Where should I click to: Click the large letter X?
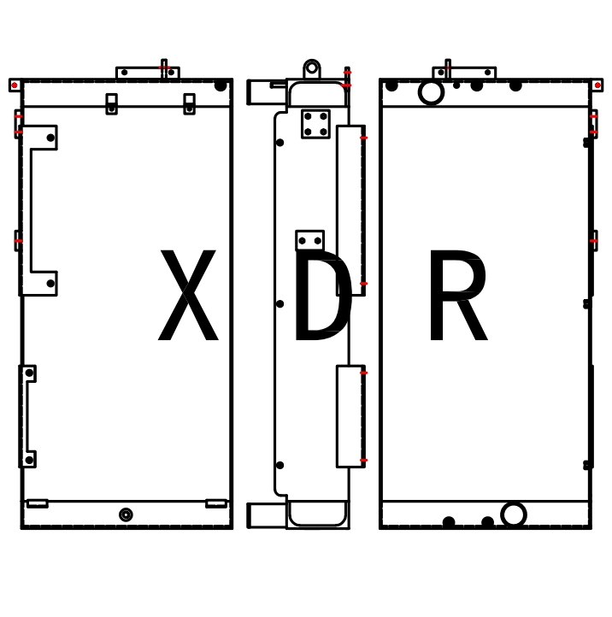tap(188, 297)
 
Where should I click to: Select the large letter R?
tap(456, 297)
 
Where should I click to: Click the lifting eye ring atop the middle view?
tap(312, 68)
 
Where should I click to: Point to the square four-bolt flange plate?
tap(315, 123)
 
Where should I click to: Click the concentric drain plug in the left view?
tap(126, 514)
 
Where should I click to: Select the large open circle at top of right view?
tap(431, 91)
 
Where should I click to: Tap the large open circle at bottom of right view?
tap(513, 514)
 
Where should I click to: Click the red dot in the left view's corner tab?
tap(15, 85)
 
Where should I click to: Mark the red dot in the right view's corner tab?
tap(597, 85)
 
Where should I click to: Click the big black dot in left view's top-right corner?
tap(221, 85)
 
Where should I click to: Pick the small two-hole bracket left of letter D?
tap(309, 240)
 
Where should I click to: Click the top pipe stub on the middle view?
tap(262, 91)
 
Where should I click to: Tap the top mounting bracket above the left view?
tap(147, 73)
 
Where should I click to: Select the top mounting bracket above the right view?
tap(464, 73)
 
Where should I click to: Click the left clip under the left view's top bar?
tap(111, 103)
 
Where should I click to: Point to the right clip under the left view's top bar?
tap(189, 103)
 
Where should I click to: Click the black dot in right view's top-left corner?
tap(391, 85)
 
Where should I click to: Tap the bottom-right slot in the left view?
tap(216, 503)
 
